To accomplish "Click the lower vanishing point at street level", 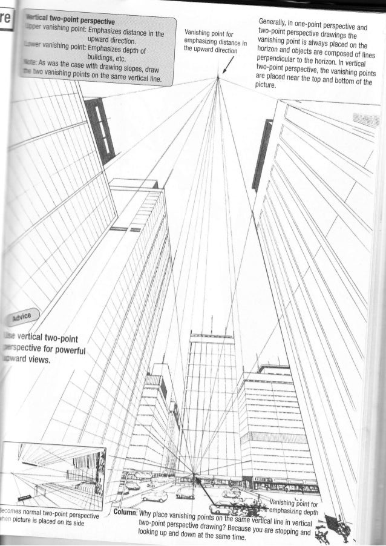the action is point(194,474).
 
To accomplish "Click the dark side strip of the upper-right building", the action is point(265,148).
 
